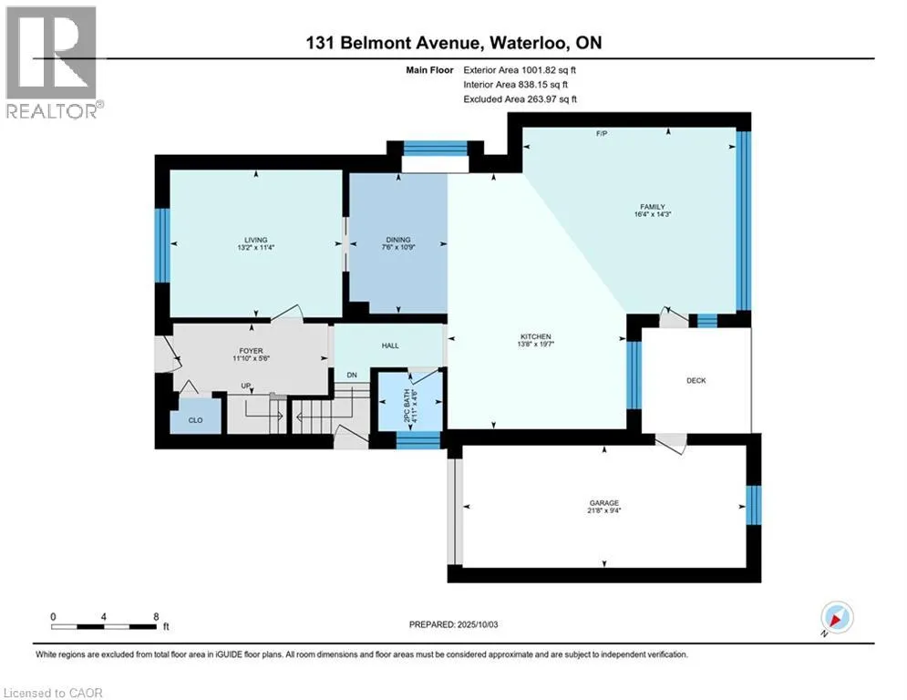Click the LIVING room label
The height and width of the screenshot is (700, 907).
click(x=255, y=240)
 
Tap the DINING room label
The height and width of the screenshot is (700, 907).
click(x=398, y=240)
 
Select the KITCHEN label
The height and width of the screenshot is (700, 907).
click(x=536, y=336)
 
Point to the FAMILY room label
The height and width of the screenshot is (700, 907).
click(x=653, y=207)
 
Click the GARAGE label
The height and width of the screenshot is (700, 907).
click(x=604, y=503)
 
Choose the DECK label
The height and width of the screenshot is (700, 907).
click(x=696, y=380)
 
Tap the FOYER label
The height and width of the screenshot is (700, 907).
click(x=251, y=351)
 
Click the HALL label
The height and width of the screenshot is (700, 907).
click(x=390, y=345)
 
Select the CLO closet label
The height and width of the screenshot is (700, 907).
click(x=195, y=420)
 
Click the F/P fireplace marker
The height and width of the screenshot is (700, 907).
click(x=602, y=134)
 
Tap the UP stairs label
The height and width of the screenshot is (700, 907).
click(x=246, y=386)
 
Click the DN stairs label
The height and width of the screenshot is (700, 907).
click(x=352, y=375)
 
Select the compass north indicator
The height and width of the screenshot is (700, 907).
click(x=837, y=618)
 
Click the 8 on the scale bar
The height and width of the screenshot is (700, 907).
click(x=156, y=617)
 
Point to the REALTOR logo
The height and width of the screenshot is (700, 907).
click(x=53, y=63)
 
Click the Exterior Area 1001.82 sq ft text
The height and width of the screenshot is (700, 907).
click(x=520, y=70)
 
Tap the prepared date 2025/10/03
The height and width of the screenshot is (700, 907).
click(x=478, y=624)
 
